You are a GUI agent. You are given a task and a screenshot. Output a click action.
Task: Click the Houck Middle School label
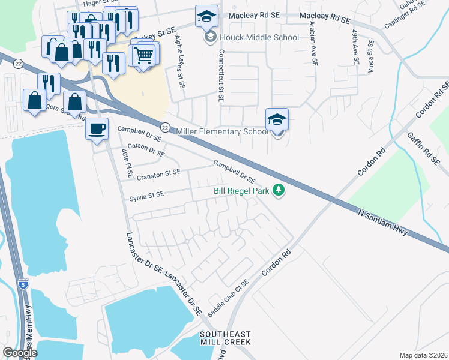click(x=258, y=38)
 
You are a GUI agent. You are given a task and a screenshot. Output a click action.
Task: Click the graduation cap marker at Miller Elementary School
click(x=277, y=119)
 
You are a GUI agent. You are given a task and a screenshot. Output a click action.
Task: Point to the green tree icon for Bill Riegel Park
click(x=278, y=191)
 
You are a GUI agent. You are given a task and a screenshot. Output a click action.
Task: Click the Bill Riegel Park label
click(x=242, y=191)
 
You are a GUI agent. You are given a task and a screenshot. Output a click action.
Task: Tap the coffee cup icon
click(x=97, y=127)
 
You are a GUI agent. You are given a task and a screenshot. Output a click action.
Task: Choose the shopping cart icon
click(x=144, y=56)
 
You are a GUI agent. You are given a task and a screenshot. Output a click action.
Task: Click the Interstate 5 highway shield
click(x=23, y=283)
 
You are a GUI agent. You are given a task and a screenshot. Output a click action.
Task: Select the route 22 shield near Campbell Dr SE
click(x=164, y=127)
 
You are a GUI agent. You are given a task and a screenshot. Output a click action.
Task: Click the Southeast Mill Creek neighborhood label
click(x=225, y=338)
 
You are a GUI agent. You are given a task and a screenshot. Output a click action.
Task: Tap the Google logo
click(x=19, y=352)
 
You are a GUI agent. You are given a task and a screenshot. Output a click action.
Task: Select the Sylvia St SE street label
click(x=146, y=195)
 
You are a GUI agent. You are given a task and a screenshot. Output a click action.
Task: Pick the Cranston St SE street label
click(x=158, y=172)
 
